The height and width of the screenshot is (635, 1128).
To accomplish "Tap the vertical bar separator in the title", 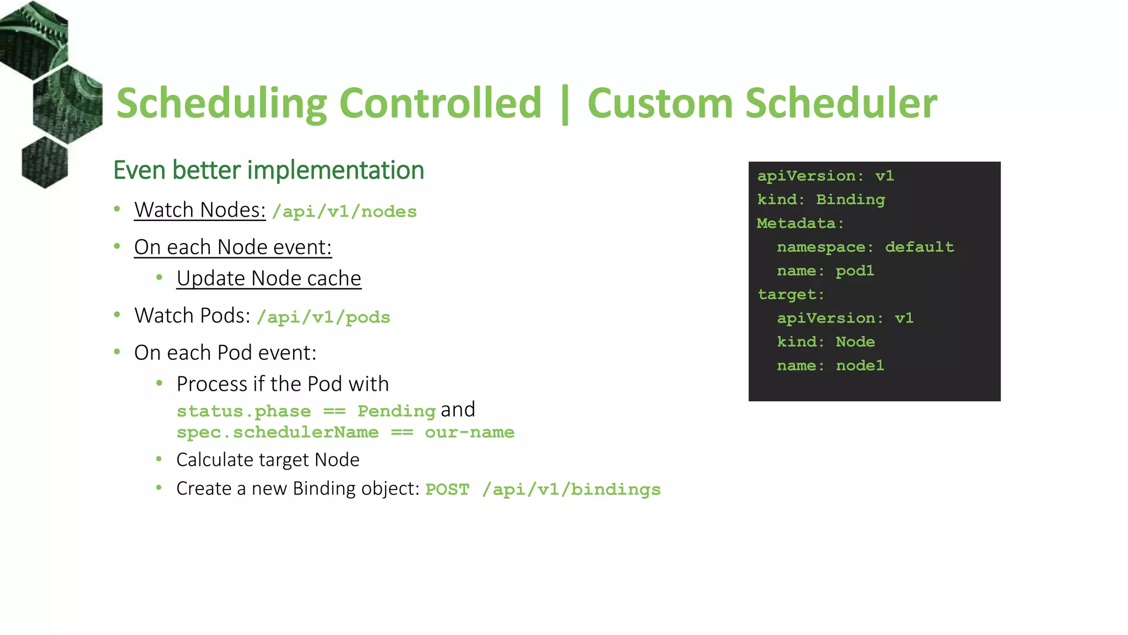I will [x=565, y=105].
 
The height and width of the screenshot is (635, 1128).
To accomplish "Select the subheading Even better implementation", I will [x=268, y=170].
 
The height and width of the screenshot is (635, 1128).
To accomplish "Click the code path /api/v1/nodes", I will [x=344, y=212].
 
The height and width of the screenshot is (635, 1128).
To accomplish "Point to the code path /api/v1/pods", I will [x=323, y=317].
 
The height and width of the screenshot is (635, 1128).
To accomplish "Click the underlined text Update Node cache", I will [x=269, y=278].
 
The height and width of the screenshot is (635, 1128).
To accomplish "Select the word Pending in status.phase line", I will [x=397, y=411].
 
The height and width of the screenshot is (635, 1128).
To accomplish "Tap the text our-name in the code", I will [x=469, y=432].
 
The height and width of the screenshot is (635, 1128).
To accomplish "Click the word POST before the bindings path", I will [x=447, y=489].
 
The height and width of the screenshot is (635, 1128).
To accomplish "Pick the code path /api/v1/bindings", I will [x=571, y=489].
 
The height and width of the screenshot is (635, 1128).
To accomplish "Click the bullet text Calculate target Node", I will [x=268, y=460].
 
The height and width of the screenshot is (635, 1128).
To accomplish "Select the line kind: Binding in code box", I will [x=821, y=200].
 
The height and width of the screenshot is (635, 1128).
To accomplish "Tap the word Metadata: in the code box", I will [x=800, y=223].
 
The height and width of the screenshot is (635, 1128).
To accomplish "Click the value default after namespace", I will [x=919, y=247].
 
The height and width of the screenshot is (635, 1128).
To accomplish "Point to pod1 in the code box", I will [x=854, y=271].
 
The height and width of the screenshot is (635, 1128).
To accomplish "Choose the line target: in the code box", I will [x=791, y=294].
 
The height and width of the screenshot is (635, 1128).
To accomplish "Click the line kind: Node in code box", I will [x=826, y=342].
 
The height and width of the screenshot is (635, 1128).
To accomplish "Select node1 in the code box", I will [x=860, y=365].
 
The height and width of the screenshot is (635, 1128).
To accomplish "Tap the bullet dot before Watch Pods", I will [x=117, y=315].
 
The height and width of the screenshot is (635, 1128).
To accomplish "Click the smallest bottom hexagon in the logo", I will [x=45, y=163].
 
